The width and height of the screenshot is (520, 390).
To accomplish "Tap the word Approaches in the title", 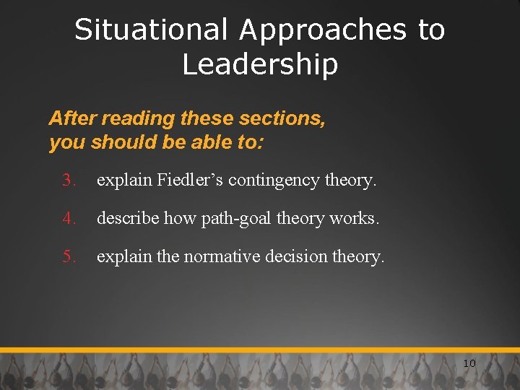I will pos(324,30).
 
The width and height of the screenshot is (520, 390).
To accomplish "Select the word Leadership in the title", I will pos(260,65).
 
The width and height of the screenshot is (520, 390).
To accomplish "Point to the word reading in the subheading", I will pos(138,118).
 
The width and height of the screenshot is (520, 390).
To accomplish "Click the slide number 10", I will pos(469,363).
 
